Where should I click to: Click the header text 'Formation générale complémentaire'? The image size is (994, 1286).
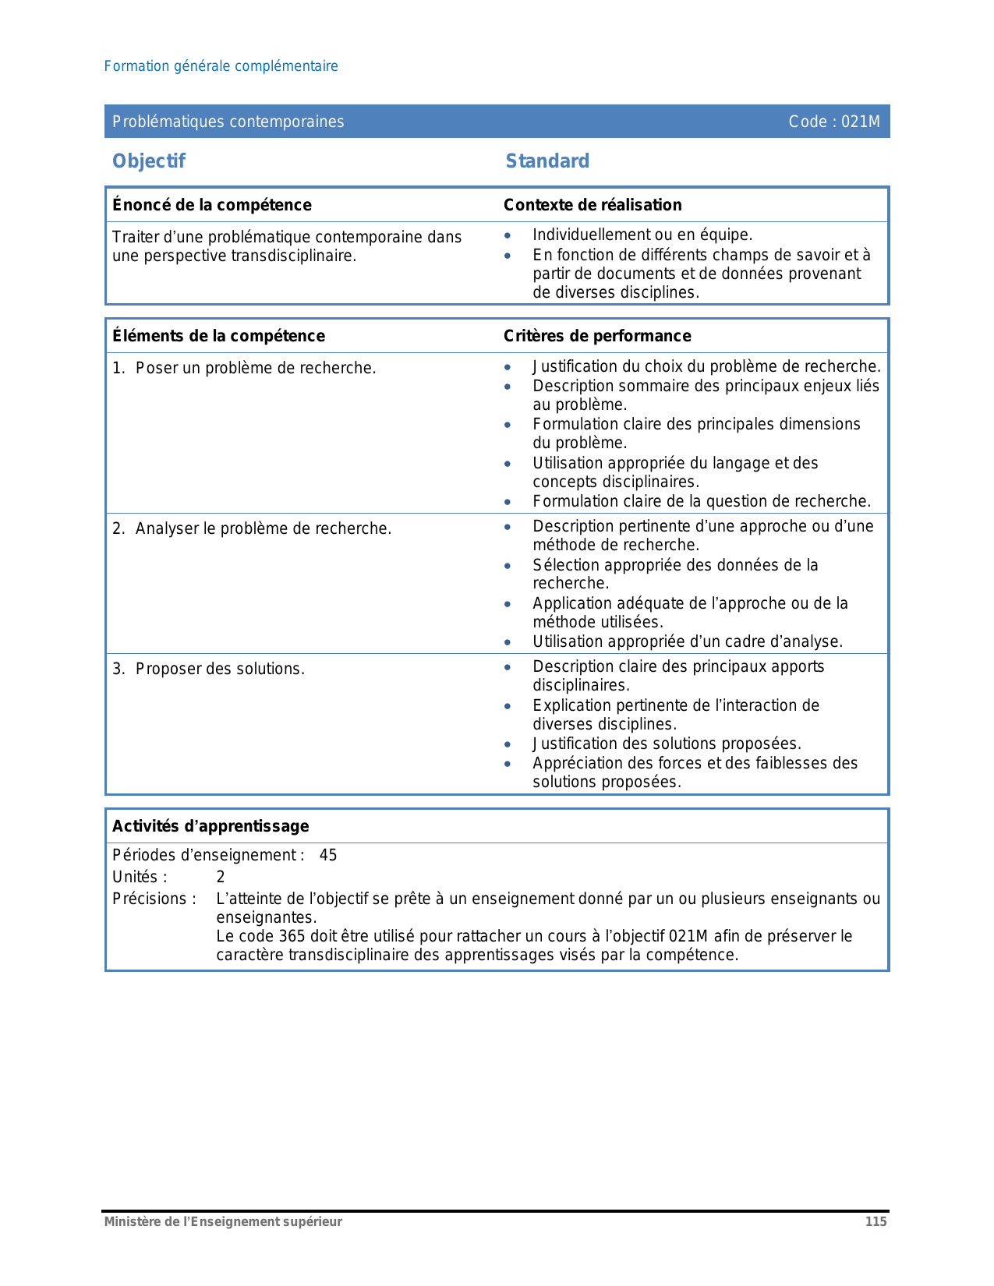[x=221, y=66]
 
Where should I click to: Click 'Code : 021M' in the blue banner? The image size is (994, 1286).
[x=833, y=122]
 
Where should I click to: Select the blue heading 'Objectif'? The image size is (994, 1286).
[x=149, y=161]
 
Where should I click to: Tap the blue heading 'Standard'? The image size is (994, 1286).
[x=547, y=161]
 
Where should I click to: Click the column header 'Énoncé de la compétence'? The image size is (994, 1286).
[x=211, y=205]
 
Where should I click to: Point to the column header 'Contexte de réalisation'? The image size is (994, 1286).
[x=592, y=205]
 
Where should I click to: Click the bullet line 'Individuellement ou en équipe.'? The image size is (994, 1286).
[x=642, y=235]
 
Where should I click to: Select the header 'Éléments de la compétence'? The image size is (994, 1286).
[x=218, y=336]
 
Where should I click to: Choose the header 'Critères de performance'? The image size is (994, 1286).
[x=596, y=336]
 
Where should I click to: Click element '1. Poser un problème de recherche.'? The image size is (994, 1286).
[x=244, y=368]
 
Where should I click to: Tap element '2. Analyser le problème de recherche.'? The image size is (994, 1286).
[x=252, y=528]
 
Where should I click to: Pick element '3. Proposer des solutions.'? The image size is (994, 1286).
[x=208, y=669]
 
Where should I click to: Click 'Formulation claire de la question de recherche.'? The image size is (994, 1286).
[x=701, y=501]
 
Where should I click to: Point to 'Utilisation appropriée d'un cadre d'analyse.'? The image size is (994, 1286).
[x=687, y=641]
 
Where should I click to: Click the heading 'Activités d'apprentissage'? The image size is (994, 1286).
[x=210, y=826]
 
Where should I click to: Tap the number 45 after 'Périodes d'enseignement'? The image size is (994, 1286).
[x=328, y=855]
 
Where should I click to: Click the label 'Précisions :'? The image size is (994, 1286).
[x=154, y=899]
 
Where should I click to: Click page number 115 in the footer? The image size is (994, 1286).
[x=875, y=1221]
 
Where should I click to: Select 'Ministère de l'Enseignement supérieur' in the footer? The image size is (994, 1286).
[x=223, y=1221]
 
